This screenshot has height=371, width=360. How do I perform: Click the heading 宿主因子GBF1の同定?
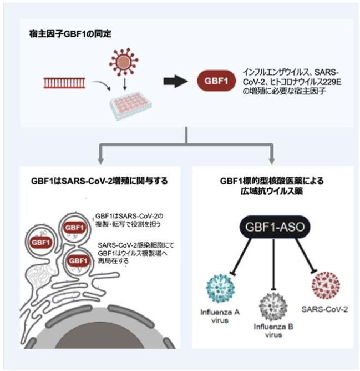click(x=70, y=34)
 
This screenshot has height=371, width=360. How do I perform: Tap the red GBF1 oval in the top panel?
click(x=216, y=81)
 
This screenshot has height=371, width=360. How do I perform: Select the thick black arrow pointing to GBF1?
click(x=175, y=81)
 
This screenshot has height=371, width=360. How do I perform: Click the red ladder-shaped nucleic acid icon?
click(x=64, y=83)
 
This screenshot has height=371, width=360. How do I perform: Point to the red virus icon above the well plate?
click(x=124, y=62)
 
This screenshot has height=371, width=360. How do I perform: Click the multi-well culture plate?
click(x=130, y=106)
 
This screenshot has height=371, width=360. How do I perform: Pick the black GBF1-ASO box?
click(x=275, y=227)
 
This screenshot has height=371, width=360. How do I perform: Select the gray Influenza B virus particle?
click(x=273, y=306)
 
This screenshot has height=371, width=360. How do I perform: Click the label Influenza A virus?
click(x=220, y=317)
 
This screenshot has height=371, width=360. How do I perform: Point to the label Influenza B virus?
click(x=273, y=331)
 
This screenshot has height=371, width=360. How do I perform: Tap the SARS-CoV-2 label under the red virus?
click(x=324, y=309)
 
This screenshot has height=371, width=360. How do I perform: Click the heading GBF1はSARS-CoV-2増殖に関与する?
click(x=99, y=181)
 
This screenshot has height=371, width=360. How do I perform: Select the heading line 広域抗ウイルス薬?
click(x=272, y=191)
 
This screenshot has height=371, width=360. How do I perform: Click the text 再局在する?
click(x=114, y=261)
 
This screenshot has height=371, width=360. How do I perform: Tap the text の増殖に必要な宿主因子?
click(x=285, y=91)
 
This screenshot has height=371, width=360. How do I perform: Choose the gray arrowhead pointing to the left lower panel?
click(x=101, y=161)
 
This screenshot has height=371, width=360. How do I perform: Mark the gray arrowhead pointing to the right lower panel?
click(x=272, y=161)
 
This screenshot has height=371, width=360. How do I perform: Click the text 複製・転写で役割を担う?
click(x=128, y=224)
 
